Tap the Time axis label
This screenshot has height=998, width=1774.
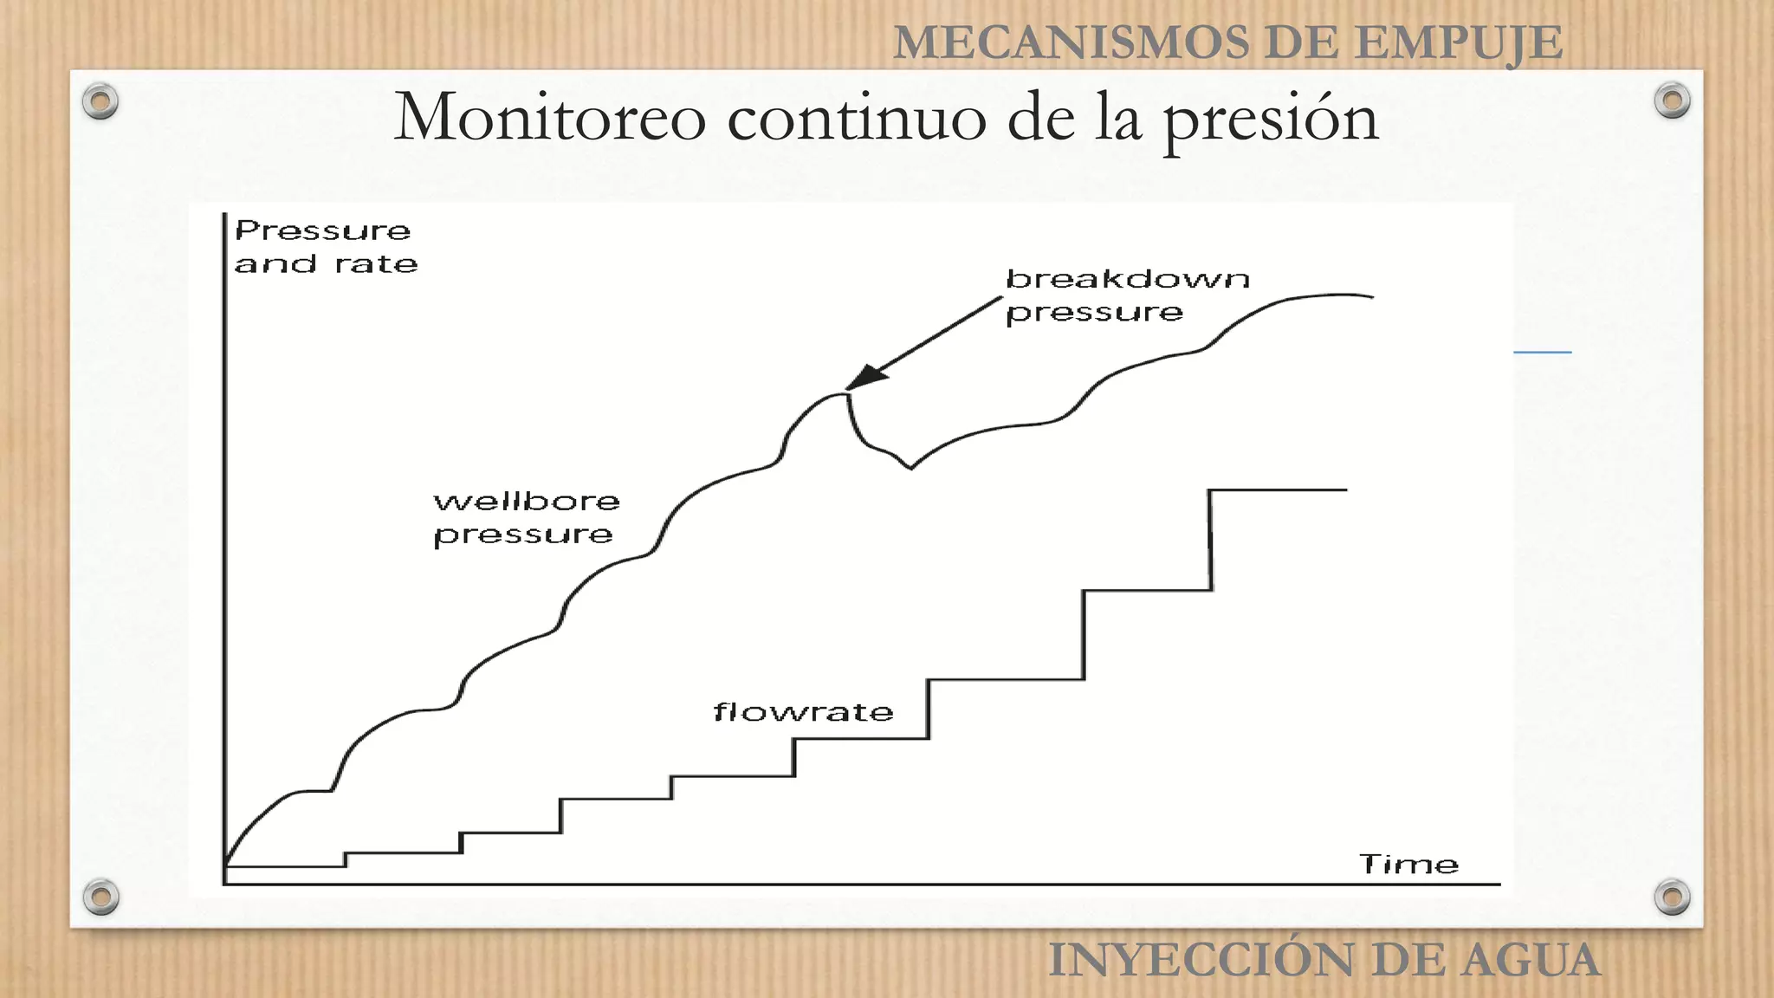tap(1408, 864)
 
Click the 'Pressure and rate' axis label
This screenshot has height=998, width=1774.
tap(325, 247)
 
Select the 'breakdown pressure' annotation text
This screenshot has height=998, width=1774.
tap(1126, 295)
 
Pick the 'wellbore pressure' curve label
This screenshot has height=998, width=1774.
tap(526, 518)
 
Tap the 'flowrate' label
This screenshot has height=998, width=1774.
tap(803, 712)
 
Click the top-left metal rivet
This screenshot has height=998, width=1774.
tap(100, 101)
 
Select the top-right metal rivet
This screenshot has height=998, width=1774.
tap(1672, 101)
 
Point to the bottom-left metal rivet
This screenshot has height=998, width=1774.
tap(100, 897)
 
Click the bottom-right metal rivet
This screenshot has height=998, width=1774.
tap(1672, 897)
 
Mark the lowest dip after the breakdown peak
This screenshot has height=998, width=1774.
tap(910, 468)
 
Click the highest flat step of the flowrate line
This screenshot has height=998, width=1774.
tap(1278, 490)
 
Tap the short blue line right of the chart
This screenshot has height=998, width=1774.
tap(1542, 353)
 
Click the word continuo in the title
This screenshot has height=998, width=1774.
tap(858, 118)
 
